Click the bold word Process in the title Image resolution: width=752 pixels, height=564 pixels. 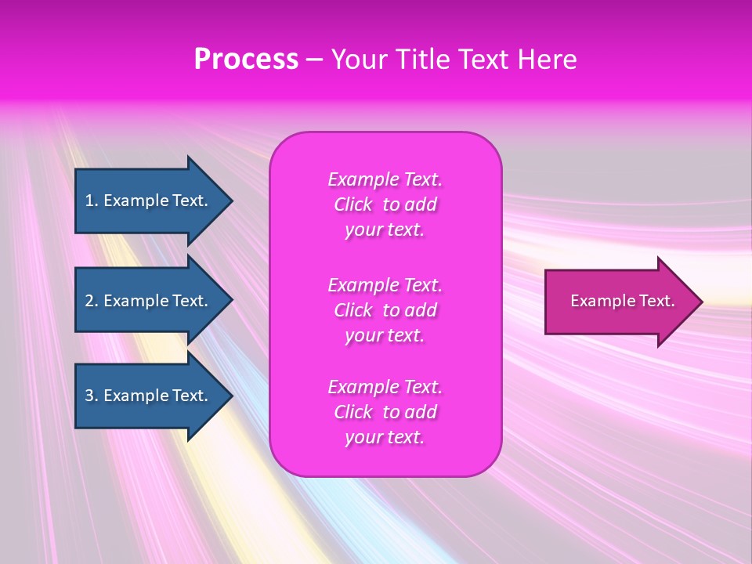(x=246, y=60)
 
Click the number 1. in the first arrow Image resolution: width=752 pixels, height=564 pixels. (x=92, y=201)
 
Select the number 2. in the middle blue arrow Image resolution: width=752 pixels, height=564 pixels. (x=92, y=301)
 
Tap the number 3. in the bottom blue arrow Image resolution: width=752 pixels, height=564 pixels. (x=92, y=396)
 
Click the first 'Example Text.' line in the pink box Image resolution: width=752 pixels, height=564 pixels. (x=385, y=179)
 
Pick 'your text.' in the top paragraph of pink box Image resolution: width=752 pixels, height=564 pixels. (x=385, y=230)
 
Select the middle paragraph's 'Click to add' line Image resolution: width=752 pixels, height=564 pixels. (x=385, y=310)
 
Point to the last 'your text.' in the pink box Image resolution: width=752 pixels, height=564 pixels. (x=385, y=437)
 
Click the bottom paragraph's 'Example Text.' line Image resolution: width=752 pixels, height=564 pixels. (x=385, y=387)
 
